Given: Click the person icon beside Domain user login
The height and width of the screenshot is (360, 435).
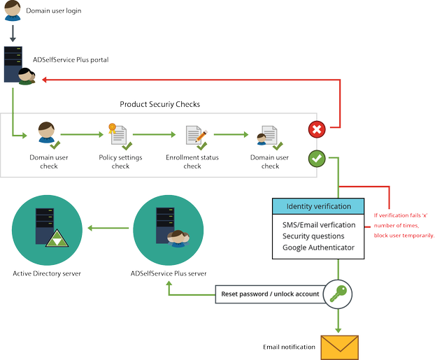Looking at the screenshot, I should pyautogui.click(x=13, y=11).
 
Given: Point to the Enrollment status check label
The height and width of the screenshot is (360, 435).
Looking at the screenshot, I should pyautogui.click(x=192, y=161).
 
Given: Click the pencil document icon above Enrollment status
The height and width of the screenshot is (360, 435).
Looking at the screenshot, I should pyautogui.click(x=194, y=136).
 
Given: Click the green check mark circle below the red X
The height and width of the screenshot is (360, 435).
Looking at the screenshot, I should pyautogui.click(x=316, y=159).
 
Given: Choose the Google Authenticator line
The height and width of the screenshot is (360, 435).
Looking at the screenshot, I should pyautogui.click(x=319, y=247).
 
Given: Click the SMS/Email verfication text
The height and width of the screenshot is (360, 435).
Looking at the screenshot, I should pyautogui.click(x=319, y=224).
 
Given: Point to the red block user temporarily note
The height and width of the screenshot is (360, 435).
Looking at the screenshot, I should pyautogui.click(x=404, y=225).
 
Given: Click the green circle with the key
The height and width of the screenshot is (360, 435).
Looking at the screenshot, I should pyautogui.click(x=338, y=294).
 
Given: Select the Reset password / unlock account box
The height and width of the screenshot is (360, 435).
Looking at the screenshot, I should pyautogui.click(x=270, y=294).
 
